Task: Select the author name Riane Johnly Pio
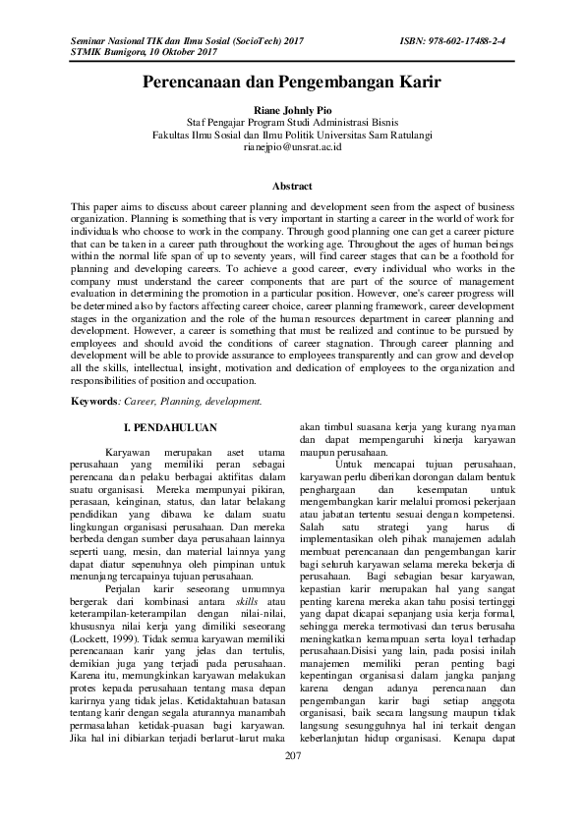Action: pyautogui.click(x=292, y=111)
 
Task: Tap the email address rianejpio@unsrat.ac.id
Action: pyautogui.click(x=292, y=146)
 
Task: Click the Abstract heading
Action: pyautogui.click(x=292, y=186)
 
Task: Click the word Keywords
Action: pyautogui.click(x=96, y=401)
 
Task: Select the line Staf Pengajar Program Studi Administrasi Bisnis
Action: pyautogui.click(x=292, y=123)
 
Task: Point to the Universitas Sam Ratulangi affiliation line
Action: pyautogui.click(x=292, y=135)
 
